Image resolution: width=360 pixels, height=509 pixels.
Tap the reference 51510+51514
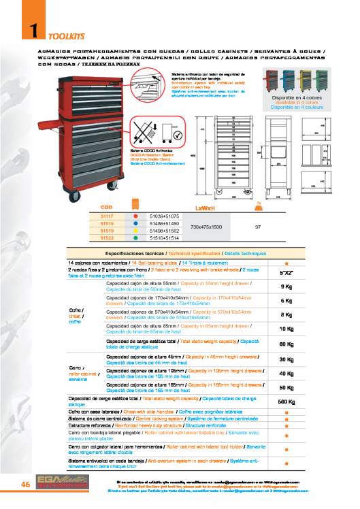(164, 238)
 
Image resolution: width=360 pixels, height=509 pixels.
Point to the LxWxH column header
(210, 205)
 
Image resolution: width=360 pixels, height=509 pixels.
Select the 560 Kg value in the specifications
(287, 401)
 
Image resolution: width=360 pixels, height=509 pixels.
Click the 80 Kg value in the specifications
(287, 344)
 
